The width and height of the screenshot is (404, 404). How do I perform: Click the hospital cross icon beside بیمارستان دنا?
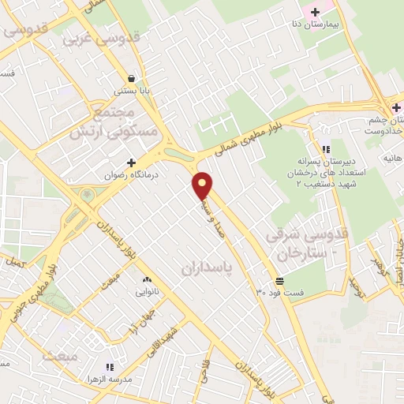316,12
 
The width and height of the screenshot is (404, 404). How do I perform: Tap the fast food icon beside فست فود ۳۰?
279,282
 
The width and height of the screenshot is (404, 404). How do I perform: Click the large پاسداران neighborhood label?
209,268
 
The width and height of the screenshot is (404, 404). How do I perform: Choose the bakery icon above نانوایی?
146,280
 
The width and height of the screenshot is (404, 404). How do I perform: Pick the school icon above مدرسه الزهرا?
110,368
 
